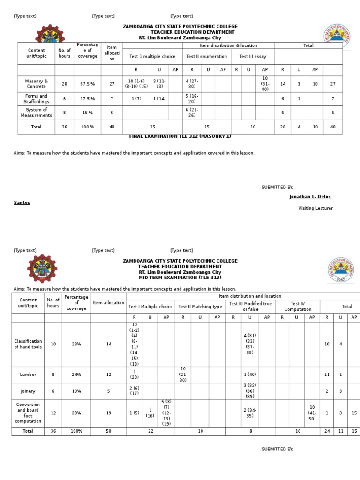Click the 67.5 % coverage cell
click(x=87, y=84)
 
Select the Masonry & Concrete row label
click(x=36, y=84)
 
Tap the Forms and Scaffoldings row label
click(x=36, y=99)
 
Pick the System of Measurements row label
click(x=36, y=112)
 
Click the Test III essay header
click(x=253, y=57)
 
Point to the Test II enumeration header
click(x=206, y=57)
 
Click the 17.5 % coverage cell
click(x=87, y=99)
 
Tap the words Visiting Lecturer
click(x=315, y=208)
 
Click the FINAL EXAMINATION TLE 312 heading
click(x=180, y=136)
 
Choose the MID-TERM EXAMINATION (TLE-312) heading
click(x=180, y=278)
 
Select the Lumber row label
click(x=28, y=375)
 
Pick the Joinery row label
click(x=28, y=391)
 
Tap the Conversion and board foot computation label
click(x=28, y=413)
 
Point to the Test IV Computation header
click(x=298, y=307)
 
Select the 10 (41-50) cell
click(x=312, y=413)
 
